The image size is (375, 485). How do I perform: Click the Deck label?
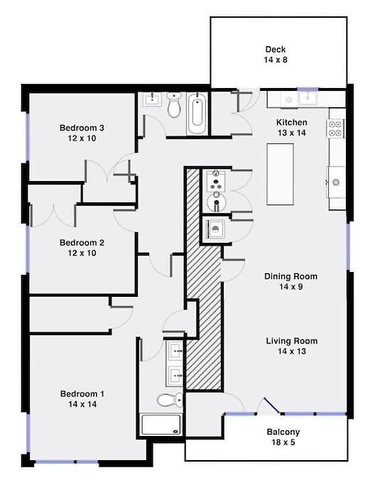(276, 49)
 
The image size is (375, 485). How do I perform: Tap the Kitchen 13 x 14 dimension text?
(292, 133)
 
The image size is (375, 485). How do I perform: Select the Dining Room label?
(290, 276)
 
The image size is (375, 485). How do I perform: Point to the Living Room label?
(292, 341)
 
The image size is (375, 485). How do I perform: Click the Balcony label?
(283, 432)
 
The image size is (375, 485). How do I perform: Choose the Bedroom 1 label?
(82, 394)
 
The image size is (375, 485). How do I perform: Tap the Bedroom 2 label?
(82, 243)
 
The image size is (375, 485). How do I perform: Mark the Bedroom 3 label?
(82, 128)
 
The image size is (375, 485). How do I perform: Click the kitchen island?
(281, 174)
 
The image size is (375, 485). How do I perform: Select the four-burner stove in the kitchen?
(335, 129)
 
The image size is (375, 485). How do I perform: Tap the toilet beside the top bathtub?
(174, 105)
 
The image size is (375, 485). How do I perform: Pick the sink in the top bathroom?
(152, 99)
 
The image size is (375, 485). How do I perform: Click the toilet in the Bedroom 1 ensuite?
(170, 400)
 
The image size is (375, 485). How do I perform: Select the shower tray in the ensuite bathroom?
(161, 425)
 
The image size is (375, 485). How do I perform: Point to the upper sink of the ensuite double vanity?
(175, 351)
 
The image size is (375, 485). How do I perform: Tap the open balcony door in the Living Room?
(272, 405)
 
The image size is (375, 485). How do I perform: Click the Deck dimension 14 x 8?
(276, 60)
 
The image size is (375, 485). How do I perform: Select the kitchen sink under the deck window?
(308, 99)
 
